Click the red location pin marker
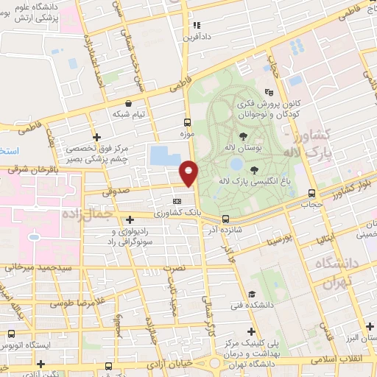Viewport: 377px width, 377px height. click(189, 173)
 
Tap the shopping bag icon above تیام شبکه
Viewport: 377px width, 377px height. click(130, 103)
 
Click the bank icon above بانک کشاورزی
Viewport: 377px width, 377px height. click(176, 201)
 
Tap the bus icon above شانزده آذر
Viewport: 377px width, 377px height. click(225, 218)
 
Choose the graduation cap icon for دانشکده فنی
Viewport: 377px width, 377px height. click(252, 292)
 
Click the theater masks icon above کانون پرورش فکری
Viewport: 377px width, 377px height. click(269, 93)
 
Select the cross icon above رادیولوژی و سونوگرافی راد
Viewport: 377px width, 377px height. click(130, 219)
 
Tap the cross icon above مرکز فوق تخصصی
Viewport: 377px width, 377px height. click(96, 137)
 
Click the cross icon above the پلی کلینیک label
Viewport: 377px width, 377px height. click(252, 332)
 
